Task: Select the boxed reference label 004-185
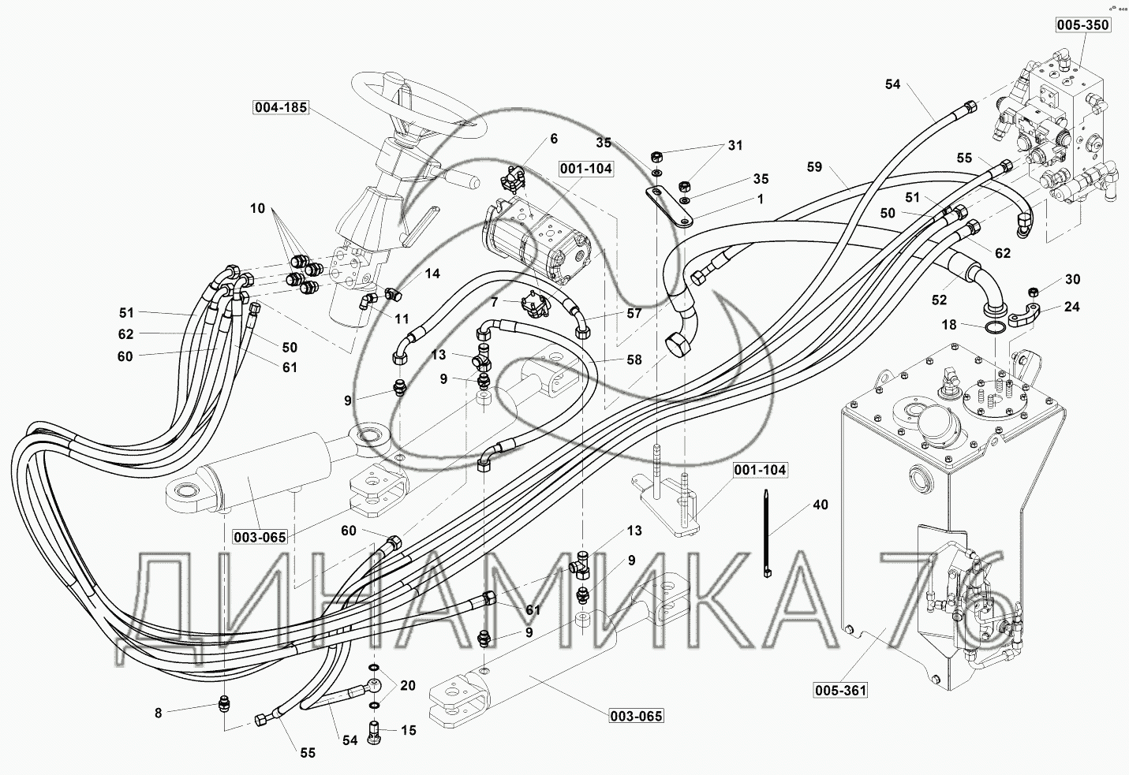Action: tap(280, 107)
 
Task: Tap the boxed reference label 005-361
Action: tap(841, 691)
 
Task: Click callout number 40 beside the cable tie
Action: tap(821, 505)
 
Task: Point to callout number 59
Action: tap(815, 167)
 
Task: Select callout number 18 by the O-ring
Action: tap(948, 324)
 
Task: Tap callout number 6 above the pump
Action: tap(553, 139)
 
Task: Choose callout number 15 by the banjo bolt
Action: tap(408, 731)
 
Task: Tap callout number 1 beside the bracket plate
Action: tap(760, 199)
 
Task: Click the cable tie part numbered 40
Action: tap(766, 536)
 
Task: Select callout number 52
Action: tap(939, 300)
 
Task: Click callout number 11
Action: tap(402, 319)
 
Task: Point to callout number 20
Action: tap(407, 685)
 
